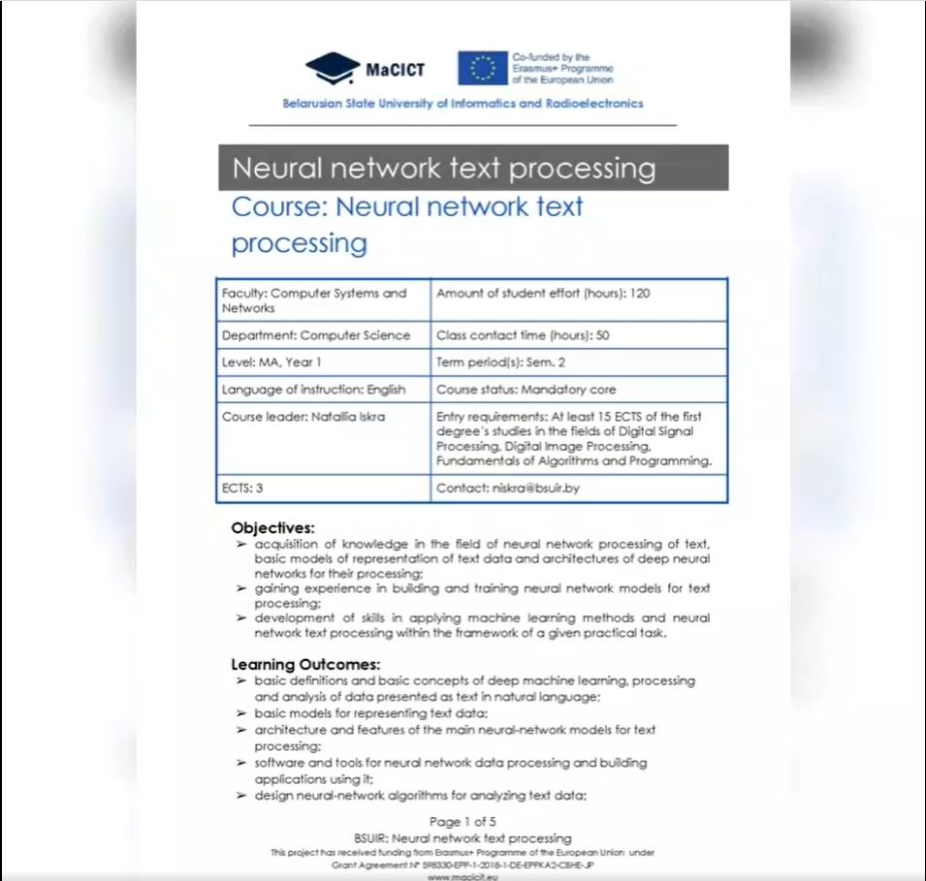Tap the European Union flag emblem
coord(482,69)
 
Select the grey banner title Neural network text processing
coord(444,169)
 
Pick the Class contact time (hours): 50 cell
coord(523,335)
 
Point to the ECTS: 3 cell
coord(242,488)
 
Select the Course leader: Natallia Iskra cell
coord(303,417)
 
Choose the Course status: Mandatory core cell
coord(527,390)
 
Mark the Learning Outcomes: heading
coord(305,665)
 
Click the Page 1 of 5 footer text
coord(463,822)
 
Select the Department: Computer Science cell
coord(316,335)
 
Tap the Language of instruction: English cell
coord(313,390)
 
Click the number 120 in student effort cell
coord(639,293)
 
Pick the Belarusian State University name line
coord(463,104)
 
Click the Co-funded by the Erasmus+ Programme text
coord(562,69)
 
